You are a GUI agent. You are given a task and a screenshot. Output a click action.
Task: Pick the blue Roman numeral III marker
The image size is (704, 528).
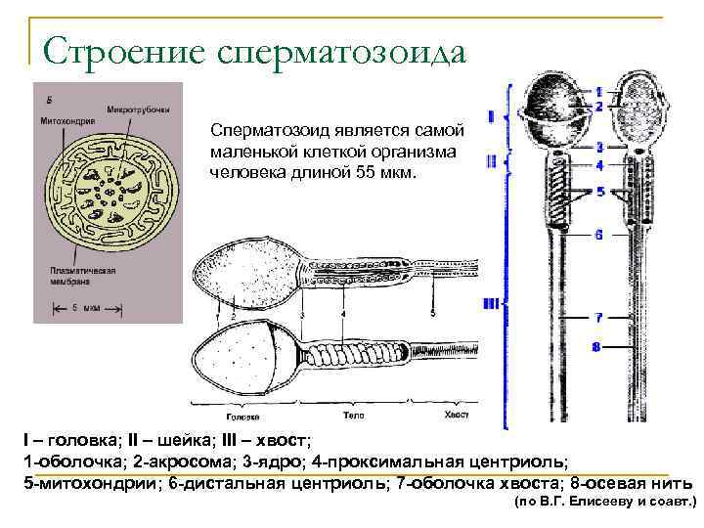pyautogui.click(x=491, y=304)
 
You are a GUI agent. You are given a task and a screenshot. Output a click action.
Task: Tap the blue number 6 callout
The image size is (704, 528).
pyautogui.click(x=597, y=235)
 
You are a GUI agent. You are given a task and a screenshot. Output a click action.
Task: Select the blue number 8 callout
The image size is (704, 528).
pyautogui.click(x=596, y=346)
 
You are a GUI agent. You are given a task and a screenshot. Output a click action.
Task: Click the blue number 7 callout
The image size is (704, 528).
pyautogui.click(x=597, y=317)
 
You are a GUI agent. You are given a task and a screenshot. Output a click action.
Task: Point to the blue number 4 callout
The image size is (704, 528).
pyautogui.click(x=598, y=164)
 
